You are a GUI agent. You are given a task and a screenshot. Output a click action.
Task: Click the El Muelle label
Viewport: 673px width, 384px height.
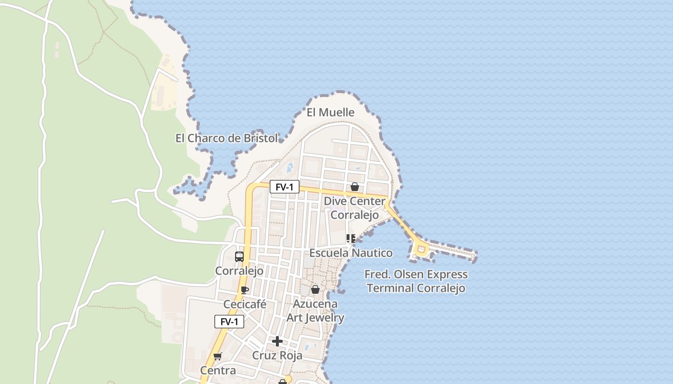point(331,112)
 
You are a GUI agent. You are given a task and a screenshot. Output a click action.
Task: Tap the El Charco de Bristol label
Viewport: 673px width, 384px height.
point(226,138)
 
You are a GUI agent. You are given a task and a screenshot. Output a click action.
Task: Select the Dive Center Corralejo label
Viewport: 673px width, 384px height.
point(354,208)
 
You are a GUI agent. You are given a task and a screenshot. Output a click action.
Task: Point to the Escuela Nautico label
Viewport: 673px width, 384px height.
point(351,253)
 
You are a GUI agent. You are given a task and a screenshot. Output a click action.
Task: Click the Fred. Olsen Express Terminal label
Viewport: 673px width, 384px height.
point(416,281)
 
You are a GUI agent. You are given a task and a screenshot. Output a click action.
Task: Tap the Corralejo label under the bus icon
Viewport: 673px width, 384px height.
point(239,271)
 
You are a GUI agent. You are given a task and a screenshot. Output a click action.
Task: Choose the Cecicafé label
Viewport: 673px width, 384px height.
point(245,304)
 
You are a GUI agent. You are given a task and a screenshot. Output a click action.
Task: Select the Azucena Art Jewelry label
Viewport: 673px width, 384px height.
point(315,311)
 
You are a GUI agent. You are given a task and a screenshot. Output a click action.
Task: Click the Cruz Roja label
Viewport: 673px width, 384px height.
point(277,356)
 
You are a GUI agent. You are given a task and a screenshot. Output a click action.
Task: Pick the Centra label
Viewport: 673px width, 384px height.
point(218,371)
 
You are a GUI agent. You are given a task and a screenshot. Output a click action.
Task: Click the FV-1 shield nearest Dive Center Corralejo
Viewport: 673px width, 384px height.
point(285,187)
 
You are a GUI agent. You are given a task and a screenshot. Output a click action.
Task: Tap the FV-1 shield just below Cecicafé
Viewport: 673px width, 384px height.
point(229,322)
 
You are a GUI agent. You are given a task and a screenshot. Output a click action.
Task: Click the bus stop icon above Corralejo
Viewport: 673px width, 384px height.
point(239,257)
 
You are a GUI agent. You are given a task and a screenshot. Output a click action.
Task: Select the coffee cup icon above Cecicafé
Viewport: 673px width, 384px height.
point(245,290)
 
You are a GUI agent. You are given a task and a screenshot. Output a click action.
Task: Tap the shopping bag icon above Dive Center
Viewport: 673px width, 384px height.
point(355,187)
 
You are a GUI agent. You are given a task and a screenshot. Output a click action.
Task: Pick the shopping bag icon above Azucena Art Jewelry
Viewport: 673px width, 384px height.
point(315,289)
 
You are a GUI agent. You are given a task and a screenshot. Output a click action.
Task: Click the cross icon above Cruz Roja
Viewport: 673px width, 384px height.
point(277,341)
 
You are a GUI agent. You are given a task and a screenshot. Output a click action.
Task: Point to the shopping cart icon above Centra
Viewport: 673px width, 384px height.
point(217,356)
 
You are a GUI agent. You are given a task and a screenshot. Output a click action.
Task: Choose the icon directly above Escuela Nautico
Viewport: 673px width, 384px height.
point(351,239)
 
